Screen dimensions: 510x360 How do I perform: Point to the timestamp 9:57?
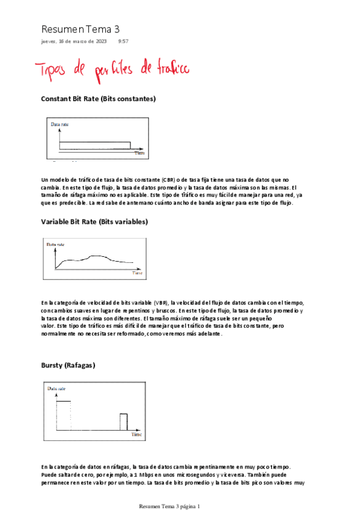(123, 41)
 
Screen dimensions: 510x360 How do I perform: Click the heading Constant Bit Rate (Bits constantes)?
(99, 98)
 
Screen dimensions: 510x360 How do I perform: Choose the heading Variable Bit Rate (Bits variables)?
(94, 222)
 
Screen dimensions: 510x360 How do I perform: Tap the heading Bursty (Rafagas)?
(68, 365)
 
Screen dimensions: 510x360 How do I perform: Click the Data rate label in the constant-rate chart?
(59, 124)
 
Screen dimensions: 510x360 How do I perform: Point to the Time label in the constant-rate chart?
(139, 154)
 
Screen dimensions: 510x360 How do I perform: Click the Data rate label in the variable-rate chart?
(56, 244)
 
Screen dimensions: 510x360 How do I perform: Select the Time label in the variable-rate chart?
(138, 274)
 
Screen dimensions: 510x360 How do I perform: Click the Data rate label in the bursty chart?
(56, 390)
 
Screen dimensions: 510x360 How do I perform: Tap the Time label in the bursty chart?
(136, 434)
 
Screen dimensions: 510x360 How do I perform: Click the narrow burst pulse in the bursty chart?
(124, 422)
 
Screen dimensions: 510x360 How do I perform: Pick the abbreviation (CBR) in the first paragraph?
(168, 180)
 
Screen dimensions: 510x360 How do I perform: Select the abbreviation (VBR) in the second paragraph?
(160, 302)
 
